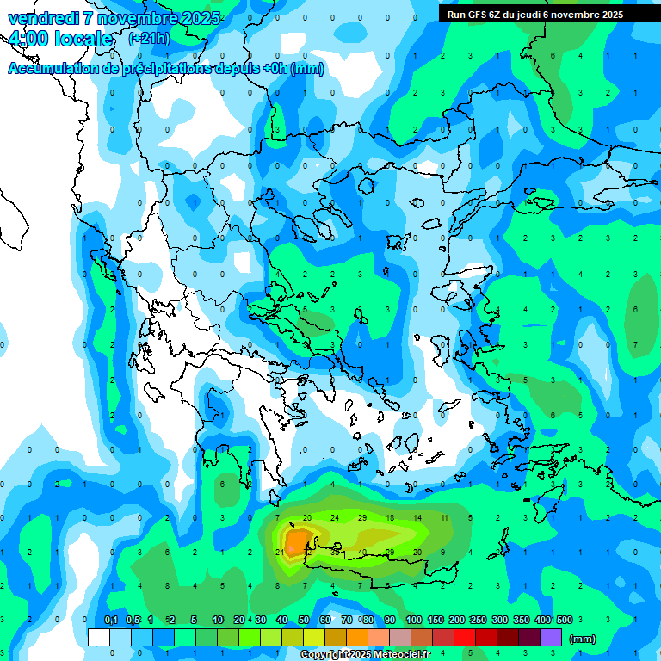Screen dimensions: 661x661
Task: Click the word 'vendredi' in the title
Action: (x=43, y=18)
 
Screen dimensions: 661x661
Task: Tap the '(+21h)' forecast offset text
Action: (x=149, y=39)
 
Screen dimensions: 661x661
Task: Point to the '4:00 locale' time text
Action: (x=60, y=39)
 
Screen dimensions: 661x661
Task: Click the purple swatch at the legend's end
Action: (x=551, y=638)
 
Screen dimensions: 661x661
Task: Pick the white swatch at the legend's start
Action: (x=99, y=638)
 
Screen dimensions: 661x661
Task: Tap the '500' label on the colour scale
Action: (x=564, y=621)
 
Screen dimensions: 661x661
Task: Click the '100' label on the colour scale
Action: (x=414, y=621)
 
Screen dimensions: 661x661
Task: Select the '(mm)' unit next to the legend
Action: (x=583, y=639)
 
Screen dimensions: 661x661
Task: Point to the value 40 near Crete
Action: (x=362, y=552)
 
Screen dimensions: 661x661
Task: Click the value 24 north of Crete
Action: (x=335, y=518)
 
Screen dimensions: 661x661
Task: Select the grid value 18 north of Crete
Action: (x=390, y=518)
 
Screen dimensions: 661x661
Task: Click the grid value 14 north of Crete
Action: (x=417, y=518)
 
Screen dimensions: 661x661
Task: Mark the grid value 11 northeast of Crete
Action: (x=445, y=518)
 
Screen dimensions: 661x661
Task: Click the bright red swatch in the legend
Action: (x=465, y=638)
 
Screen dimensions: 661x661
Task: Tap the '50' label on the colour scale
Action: (x=305, y=621)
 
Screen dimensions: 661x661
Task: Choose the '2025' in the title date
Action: (x=194, y=18)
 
